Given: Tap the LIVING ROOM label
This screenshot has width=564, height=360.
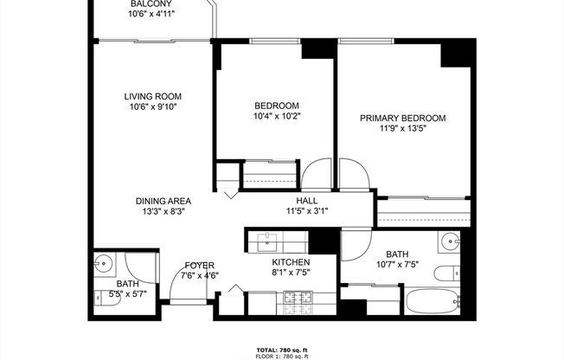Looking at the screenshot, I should pos(152,96).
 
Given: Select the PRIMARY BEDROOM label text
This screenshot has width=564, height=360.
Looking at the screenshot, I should pos(402,119).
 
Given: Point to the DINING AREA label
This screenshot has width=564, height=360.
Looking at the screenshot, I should pos(163,200).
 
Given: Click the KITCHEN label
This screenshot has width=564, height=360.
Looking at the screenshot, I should pos(291,261).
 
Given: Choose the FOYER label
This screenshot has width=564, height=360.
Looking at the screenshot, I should pos(199,266).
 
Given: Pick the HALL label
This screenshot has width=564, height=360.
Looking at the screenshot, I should pos(307,200).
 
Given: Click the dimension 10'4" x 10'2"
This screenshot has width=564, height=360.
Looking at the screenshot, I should pos(277,116).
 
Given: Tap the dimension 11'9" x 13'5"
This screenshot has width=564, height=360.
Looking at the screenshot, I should pos(402,130).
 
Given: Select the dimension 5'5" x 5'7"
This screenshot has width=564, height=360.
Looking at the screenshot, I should pos(126,294).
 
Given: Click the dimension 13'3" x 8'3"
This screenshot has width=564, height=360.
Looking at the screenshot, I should pos(163,210).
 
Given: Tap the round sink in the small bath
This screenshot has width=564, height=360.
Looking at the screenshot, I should pos(104,262).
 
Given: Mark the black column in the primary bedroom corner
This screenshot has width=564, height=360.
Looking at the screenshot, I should pos(455,53).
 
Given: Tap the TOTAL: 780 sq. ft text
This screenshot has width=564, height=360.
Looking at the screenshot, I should pos(282,349).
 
